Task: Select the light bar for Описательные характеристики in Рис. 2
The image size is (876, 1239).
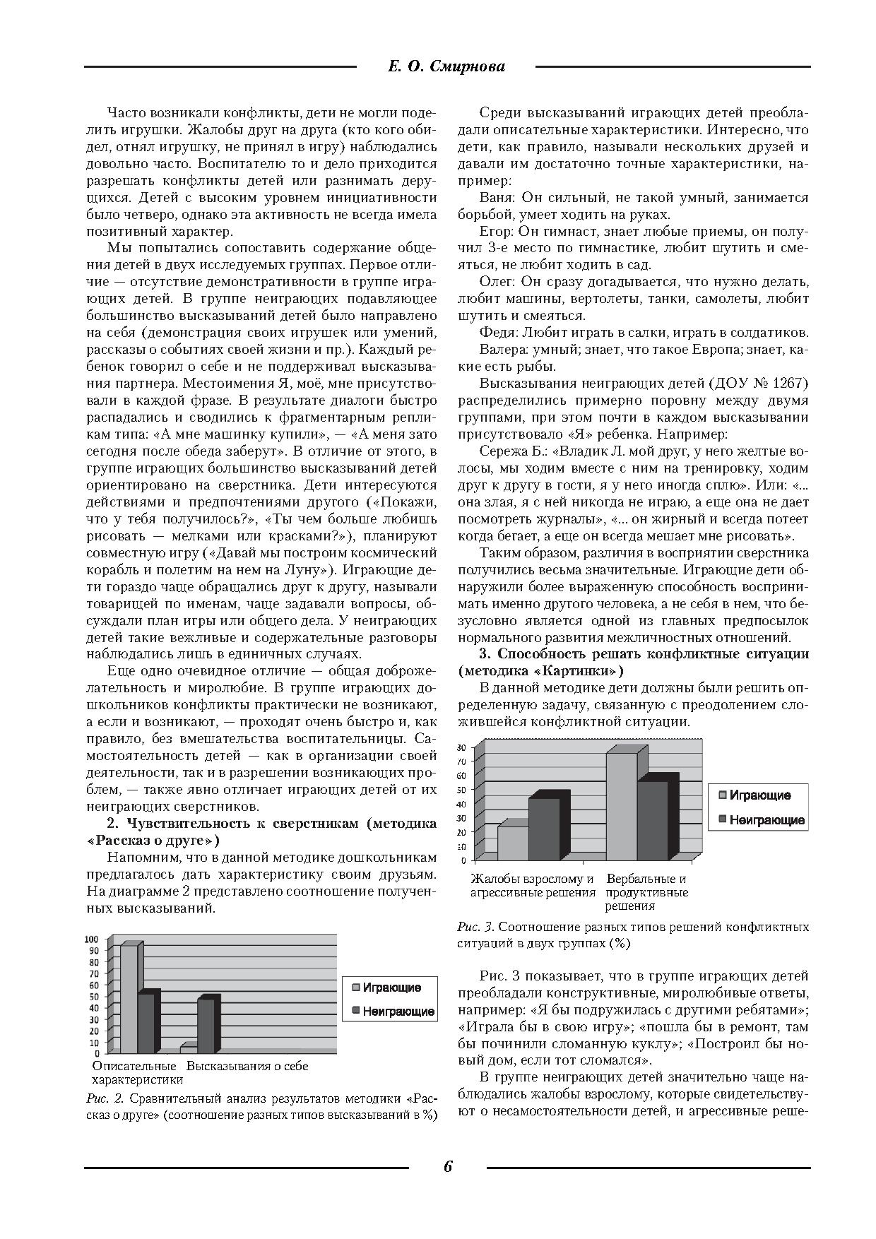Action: [129, 1000]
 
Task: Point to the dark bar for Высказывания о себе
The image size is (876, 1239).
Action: [206, 1026]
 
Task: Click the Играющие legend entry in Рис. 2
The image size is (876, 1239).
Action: [391, 988]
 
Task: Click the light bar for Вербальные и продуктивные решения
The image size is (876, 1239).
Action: [622, 807]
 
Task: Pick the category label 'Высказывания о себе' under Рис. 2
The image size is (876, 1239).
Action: [247, 1066]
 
